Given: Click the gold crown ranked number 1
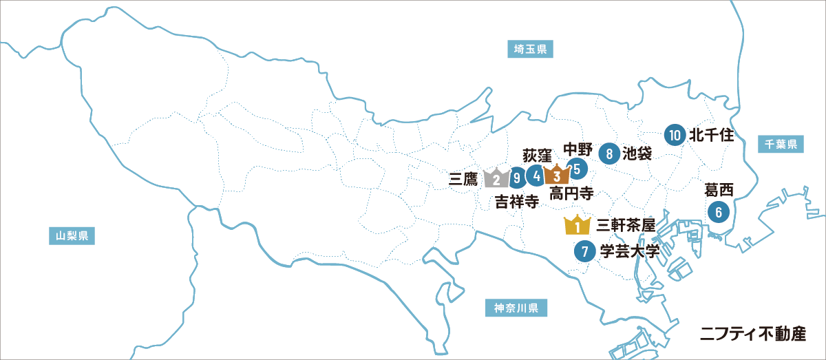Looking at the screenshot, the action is [577, 225].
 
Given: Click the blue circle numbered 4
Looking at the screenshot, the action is [536, 176].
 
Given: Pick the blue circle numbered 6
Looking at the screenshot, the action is [719, 212].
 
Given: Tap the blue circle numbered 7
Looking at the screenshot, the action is [584, 251].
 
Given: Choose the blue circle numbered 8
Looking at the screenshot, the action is [609, 153].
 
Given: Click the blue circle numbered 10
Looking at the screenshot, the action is [675, 135].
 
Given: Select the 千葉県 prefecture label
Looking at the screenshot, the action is [781, 144].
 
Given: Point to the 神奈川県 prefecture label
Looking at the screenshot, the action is [516, 307].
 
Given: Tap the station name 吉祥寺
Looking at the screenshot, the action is [517, 201].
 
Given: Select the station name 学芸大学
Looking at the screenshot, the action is [629, 251].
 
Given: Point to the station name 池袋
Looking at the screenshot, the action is [637, 153].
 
